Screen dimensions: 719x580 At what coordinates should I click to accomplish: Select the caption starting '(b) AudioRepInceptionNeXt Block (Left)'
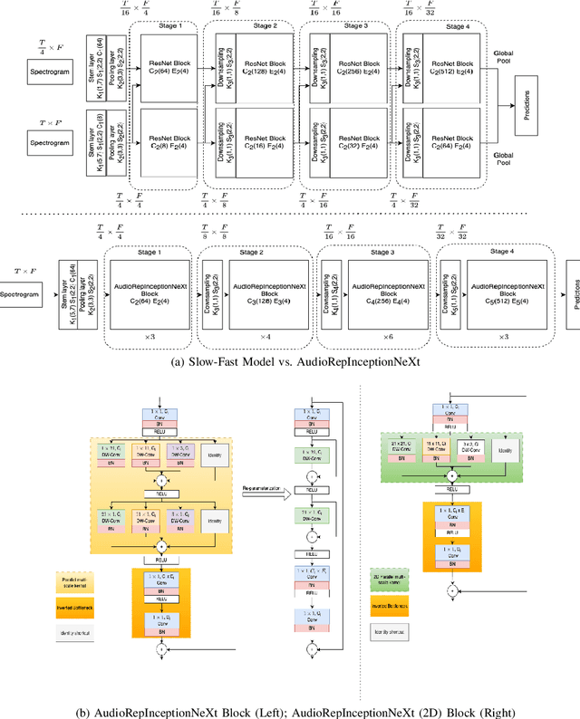[x=290, y=709]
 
